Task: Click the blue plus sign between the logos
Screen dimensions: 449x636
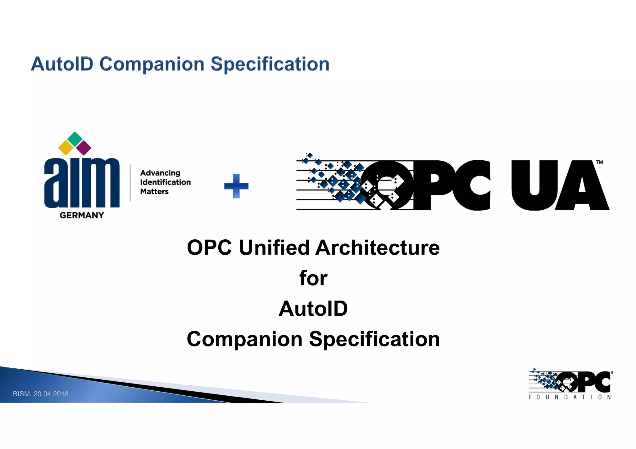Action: (236, 186)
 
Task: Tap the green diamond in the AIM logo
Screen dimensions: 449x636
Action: (75, 139)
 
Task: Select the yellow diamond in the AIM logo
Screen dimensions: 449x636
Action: (66, 148)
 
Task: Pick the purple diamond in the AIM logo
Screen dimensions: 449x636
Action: (84, 148)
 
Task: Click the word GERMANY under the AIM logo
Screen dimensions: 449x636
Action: (82, 215)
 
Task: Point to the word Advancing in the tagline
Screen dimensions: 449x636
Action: (160, 173)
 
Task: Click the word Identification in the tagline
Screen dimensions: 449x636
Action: (166, 182)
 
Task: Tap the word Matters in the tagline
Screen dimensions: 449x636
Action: (154, 191)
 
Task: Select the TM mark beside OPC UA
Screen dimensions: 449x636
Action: (599, 162)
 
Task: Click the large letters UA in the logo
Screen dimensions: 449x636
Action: (559, 185)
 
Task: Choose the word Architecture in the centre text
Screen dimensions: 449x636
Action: (378, 248)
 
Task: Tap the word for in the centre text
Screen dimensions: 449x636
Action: (313, 278)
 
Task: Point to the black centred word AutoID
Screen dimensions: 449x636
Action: (313, 309)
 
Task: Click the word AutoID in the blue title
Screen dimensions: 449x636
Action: (62, 64)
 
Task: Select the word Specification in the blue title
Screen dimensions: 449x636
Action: (270, 64)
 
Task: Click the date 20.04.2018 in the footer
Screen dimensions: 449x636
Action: (51, 394)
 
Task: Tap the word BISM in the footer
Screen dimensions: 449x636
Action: (21, 394)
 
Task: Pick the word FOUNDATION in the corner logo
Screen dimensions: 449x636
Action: (570, 397)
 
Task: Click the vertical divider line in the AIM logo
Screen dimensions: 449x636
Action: (130, 183)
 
